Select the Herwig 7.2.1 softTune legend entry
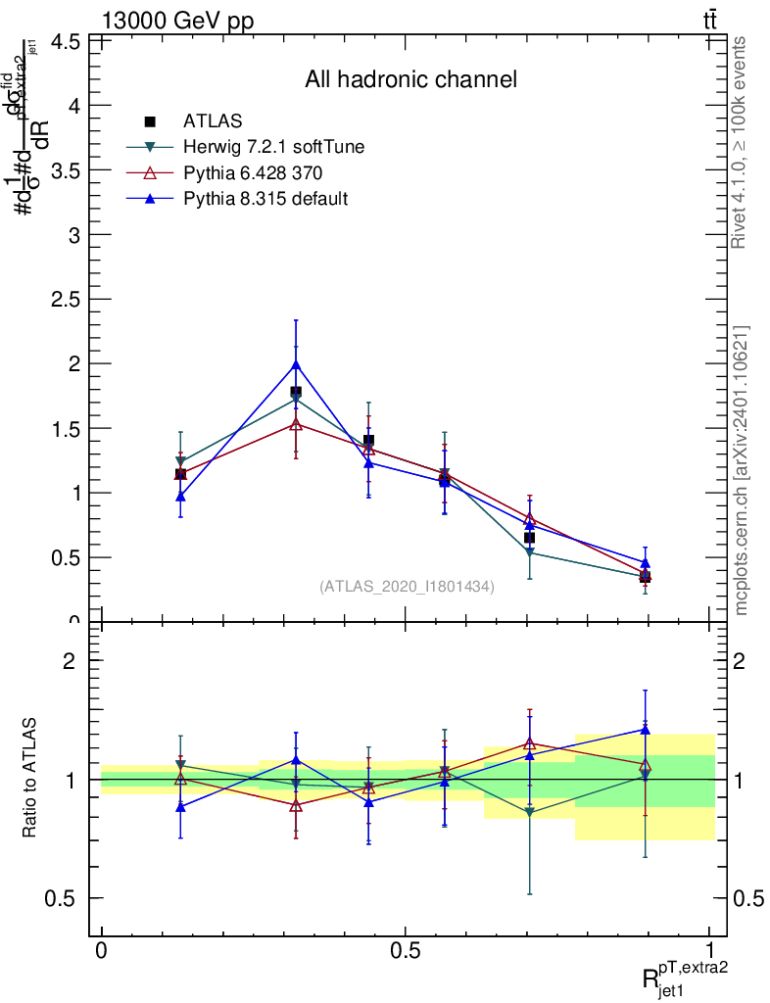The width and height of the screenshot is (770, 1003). pos(274,147)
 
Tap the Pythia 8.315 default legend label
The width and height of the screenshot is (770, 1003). pos(265,199)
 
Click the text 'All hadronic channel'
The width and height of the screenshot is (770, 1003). pos(410,79)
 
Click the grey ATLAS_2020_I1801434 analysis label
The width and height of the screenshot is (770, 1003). pos(407,586)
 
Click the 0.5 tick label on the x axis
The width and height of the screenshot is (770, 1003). pos(406,951)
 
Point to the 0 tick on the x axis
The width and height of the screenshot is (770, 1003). pos(102,951)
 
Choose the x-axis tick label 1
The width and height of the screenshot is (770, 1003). pos(710,951)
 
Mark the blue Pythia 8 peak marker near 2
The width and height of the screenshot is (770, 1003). pos(296,365)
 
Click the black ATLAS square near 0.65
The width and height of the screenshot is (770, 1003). pos(529,538)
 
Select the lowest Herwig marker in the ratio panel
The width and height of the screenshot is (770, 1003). pos(530,813)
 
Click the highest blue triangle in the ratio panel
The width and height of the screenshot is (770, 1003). pos(645,728)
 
